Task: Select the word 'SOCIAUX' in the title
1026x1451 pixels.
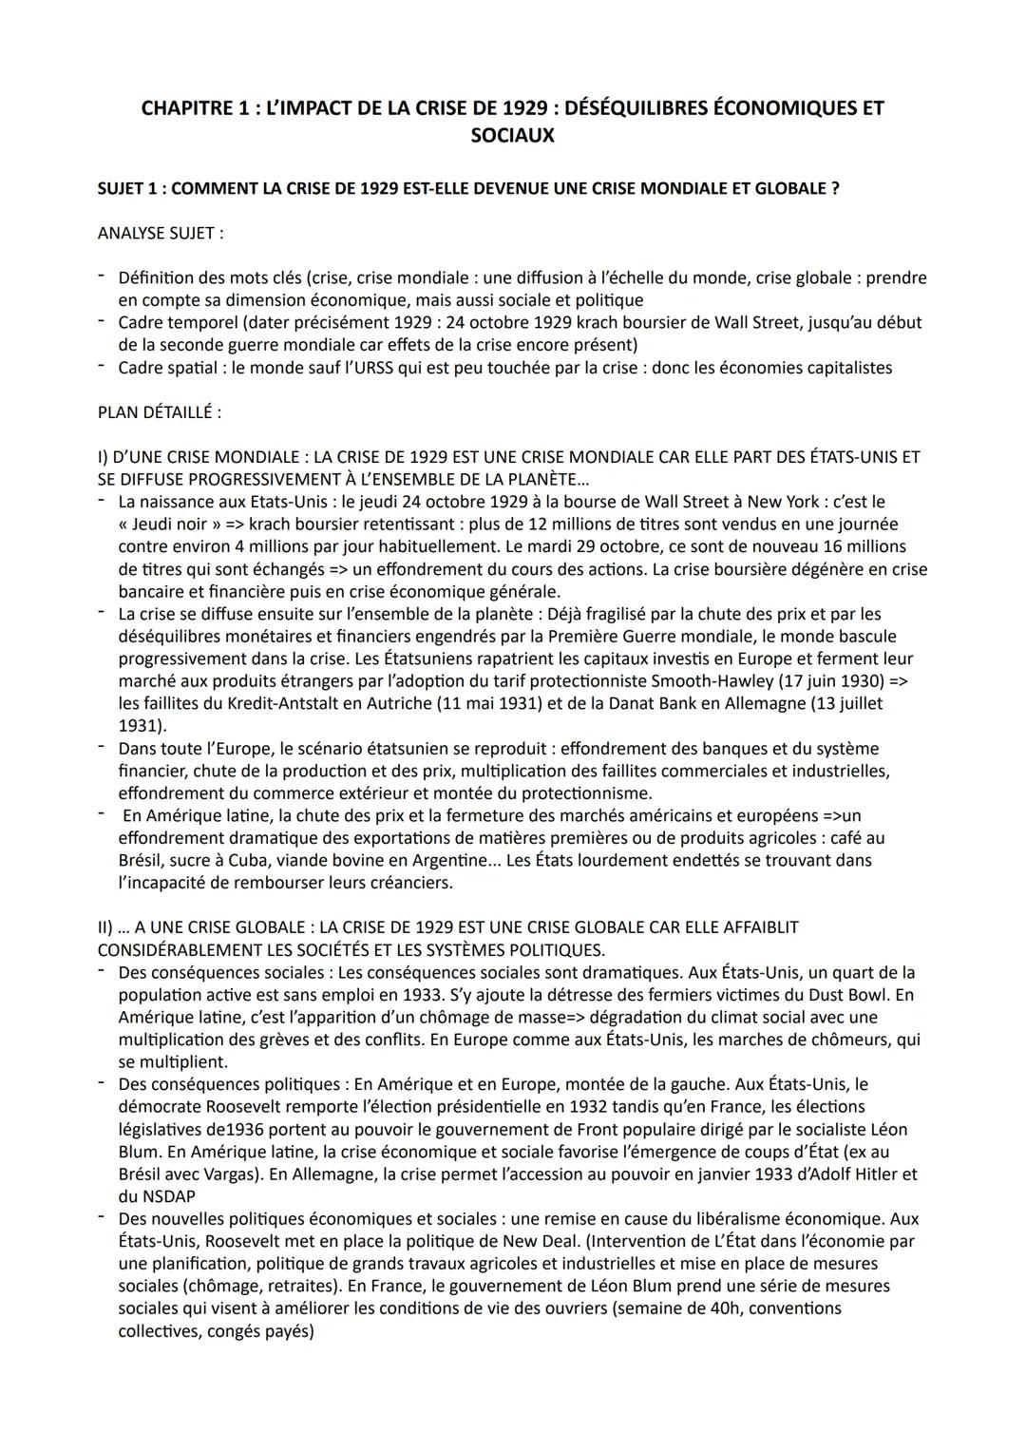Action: (512, 136)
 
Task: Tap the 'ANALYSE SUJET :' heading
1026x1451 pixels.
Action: (161, 233)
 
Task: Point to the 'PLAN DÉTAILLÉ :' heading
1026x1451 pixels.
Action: (159, 412)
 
